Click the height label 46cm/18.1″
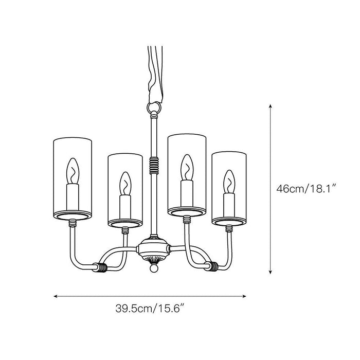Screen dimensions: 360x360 click(307, 189)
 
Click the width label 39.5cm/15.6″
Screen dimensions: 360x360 click(150, 309)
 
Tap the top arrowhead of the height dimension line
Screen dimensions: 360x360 click(271, 106)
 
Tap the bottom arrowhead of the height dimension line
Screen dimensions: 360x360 click(271, 272)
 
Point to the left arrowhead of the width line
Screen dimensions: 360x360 click(56, 296)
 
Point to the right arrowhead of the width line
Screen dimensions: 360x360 click(244, 296)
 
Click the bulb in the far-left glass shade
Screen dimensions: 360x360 click(73, 171)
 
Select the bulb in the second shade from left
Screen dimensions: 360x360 click(125, 184)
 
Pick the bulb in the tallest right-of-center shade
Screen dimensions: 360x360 click(187, 167)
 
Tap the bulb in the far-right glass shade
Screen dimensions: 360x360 click(229, 182)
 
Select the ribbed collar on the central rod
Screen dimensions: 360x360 click(154, 165)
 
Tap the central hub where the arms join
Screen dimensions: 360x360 click(154, 248)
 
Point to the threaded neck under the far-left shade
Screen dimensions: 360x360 click(73, 223)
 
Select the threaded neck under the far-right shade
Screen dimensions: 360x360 click(229, 228)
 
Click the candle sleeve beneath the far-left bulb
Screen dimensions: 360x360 click(73, 197)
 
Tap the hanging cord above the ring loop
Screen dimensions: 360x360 click(156, 74)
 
